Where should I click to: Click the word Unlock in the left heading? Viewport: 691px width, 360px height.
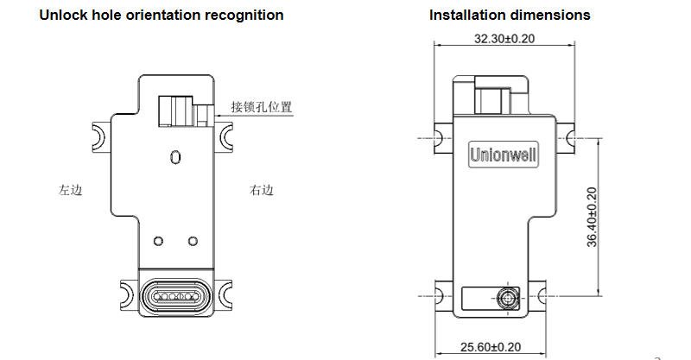pos(61,15)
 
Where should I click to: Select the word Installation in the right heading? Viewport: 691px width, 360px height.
pos(466,15)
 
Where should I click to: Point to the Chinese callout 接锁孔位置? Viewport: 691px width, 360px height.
pos(261,108)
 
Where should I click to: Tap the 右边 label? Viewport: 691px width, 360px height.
pos(261,190)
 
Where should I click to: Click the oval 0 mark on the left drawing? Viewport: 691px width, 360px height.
pos(175,158)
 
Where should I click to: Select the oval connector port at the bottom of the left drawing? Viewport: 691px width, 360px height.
pos(176,296)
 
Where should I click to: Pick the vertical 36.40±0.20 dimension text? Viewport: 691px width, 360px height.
pos(592,217)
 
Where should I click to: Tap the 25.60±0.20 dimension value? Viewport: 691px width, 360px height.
pos(491,347)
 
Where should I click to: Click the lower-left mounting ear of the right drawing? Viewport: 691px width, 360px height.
pos(444,292)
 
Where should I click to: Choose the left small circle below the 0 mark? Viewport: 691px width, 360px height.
pos(158,240)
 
